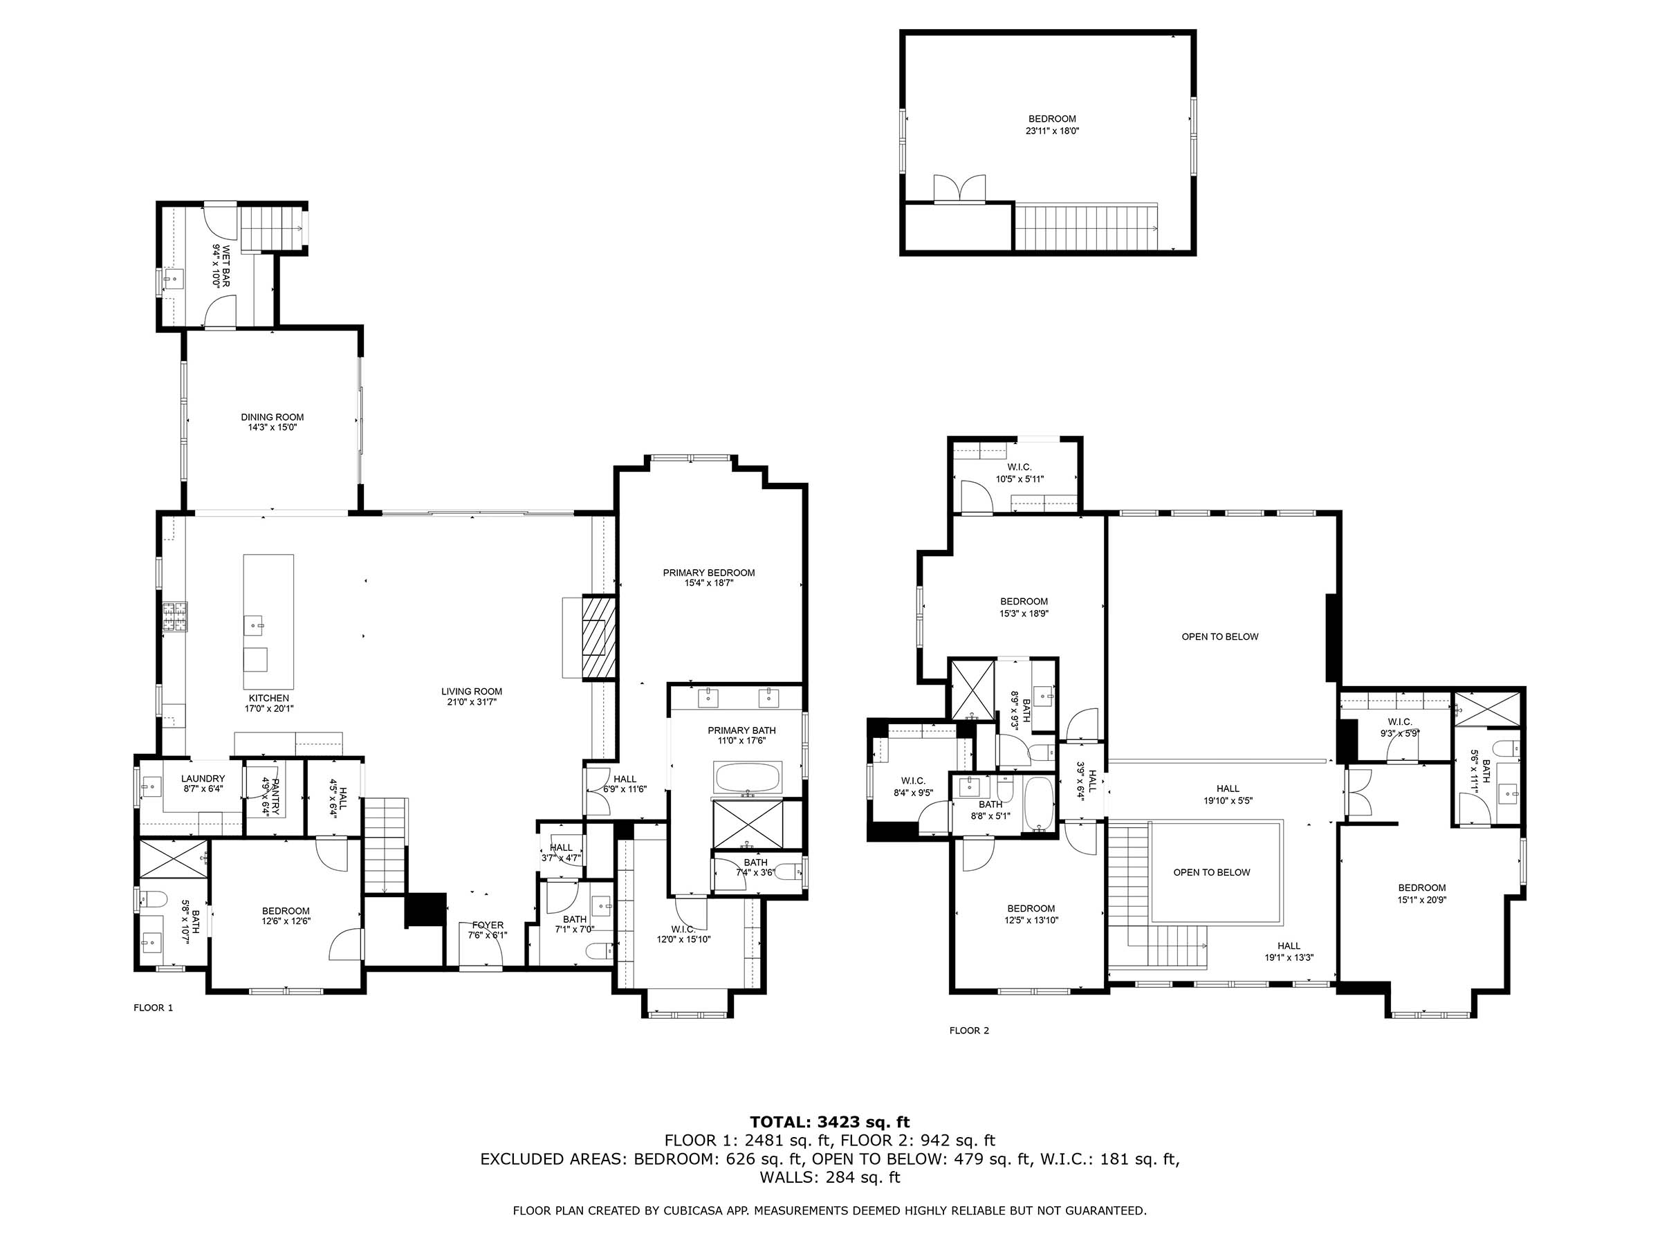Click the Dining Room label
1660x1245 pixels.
tap(272, 417)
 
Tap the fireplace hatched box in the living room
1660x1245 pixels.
tap(599, 637)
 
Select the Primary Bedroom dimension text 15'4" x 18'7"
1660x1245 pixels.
tap(708, 582)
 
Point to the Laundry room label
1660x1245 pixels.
tap(203, 778)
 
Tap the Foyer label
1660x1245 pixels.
tap(487, 925)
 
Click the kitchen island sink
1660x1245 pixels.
tap(256, 623)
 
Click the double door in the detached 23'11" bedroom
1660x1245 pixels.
tap(959, 189)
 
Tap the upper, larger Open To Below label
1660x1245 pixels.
tap(1219, 636)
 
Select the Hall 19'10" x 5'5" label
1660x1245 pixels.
tap(1228, 788)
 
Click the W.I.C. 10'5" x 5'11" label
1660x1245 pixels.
tap(1019, 467)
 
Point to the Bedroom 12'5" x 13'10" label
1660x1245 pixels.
tap(1031, 908)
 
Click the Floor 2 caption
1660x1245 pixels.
tap(969, 1031)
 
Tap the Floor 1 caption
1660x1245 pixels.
tap(153, 1008)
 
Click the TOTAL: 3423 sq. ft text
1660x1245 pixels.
tap(829, 1122)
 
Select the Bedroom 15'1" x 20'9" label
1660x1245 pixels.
tap(1421, 888)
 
